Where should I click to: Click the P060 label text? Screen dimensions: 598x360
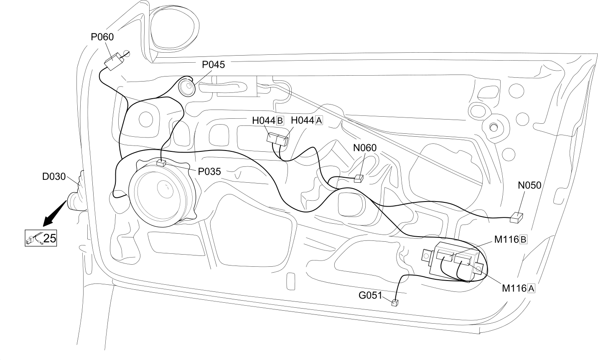(x=102, y=37)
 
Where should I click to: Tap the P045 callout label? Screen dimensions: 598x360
(x=213, y=65)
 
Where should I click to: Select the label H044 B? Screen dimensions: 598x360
(x=268, y=120)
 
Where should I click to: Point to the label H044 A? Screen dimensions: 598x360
(x=307, y=120)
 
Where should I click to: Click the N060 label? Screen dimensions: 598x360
(x=365, y=148)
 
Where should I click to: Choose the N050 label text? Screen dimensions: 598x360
(x=529, y=185)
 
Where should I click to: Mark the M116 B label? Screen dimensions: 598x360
(x=510, y=240)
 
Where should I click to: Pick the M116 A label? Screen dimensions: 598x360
(x=519, y=289)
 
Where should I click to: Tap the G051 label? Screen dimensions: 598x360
(x=370, y=295)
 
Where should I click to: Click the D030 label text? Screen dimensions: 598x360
(x=54, y=176)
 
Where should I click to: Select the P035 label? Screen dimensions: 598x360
(x=209, y=171)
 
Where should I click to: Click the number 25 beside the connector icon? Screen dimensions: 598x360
(x=50, y=238)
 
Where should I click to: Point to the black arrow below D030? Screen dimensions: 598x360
(x=55, y=213)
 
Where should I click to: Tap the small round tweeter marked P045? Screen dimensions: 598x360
(x=187, y=87)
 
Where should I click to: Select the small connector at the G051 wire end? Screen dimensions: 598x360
(x=394, y=303)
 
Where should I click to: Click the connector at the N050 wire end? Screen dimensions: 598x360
(x=517, y=218)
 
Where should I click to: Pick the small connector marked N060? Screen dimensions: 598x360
(x=359, y=179)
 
